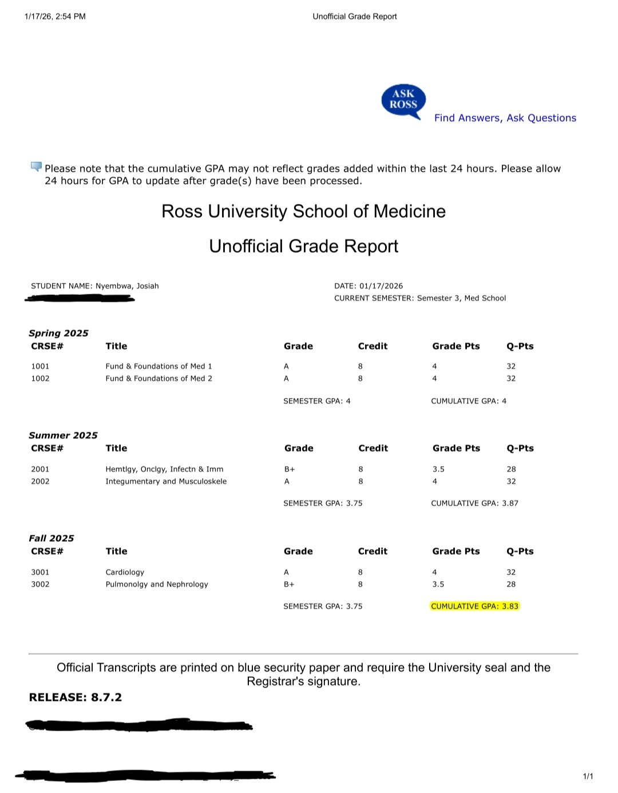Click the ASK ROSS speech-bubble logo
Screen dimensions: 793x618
(x=403, y=101)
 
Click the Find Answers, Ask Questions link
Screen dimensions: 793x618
(x=505, y=118)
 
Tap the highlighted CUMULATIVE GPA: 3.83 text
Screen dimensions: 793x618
(x=474, y=606)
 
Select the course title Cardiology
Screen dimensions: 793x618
(x=125, y=572)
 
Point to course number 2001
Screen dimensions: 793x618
(x=40, y=469)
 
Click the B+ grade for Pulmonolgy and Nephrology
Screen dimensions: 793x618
(x=289, y=584)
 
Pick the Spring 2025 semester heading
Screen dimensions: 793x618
(x=58, y=333)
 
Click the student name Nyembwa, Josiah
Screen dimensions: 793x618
(x=127, y=286)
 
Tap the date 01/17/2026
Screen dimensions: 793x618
(x=381, y=286)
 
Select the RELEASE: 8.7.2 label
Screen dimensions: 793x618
(x=75, y=697)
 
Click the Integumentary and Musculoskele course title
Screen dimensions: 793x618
(x=166, y=482)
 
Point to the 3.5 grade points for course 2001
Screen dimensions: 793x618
(x=438, y=469)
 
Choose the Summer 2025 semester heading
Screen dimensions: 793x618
(x=63, y=435)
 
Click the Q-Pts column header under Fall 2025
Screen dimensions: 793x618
(x=520, y=551)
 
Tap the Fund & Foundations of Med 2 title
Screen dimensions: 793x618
(x=159, y=378)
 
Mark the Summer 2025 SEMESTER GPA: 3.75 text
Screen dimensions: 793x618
(x=323, y=503)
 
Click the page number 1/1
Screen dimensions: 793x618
(x=588, y=776)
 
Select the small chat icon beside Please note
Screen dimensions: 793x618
(x=36, y=167)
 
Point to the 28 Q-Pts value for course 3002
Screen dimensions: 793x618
(x=511, y=584)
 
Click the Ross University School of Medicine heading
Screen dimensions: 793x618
(x=303, y=211)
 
